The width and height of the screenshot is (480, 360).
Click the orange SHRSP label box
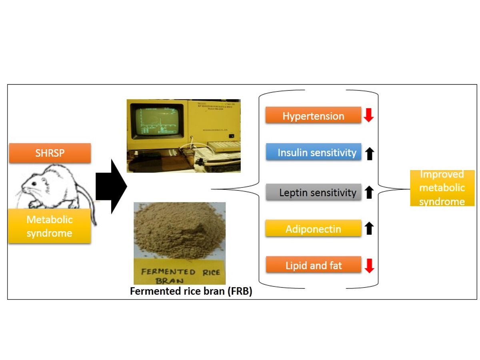click(x=50, y=153)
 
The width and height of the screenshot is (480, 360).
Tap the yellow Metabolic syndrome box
click(x=50, y=226)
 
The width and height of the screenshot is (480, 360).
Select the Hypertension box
click(x=313, y=116)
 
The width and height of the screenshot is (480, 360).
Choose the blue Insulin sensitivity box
click(x=314, y=152)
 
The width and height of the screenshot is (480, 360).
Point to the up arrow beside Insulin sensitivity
click(x=369, y=153)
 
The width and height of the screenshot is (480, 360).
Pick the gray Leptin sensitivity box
click(x=314, y=192)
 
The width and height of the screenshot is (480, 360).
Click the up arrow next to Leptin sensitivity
click(x=369, y=192)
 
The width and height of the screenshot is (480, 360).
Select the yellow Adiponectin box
click(x=314, y=229)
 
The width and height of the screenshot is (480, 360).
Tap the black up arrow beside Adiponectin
click(x=369, y=228)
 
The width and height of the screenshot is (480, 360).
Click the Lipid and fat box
click(x=314, y=266)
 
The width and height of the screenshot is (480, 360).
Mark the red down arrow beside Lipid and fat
click(x=369, y=266)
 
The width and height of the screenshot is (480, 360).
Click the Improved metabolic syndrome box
click(x=442, y=188)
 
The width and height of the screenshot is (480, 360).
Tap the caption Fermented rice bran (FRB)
click(x=191, y=292)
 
